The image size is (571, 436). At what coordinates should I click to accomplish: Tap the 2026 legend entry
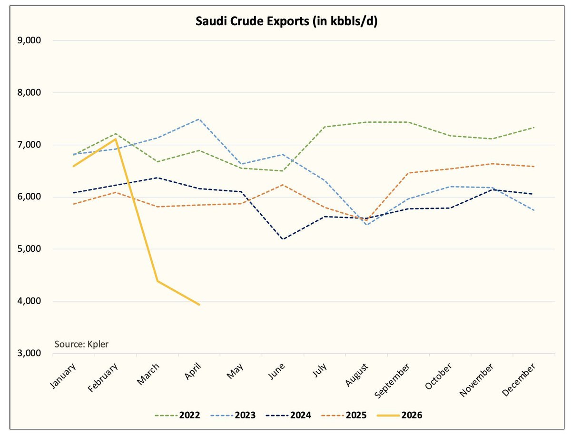tap(402, 416)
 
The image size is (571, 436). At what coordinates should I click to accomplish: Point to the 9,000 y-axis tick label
tap(30, 40)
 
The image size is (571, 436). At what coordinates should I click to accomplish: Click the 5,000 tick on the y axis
tap(30, 249)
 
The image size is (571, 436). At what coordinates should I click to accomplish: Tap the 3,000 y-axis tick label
tap(30, 354)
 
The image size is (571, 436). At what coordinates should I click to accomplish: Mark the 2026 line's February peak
tap(115, 139)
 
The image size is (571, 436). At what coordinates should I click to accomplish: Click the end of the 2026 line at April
tap(199, 305)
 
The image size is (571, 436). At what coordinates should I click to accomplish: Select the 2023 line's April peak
tap(199, 119)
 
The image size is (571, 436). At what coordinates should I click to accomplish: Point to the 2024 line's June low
tap(283, 239)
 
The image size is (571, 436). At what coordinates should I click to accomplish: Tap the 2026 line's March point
tap(157, 281)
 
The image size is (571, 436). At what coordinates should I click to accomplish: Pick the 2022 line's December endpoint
tap(534, 128)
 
